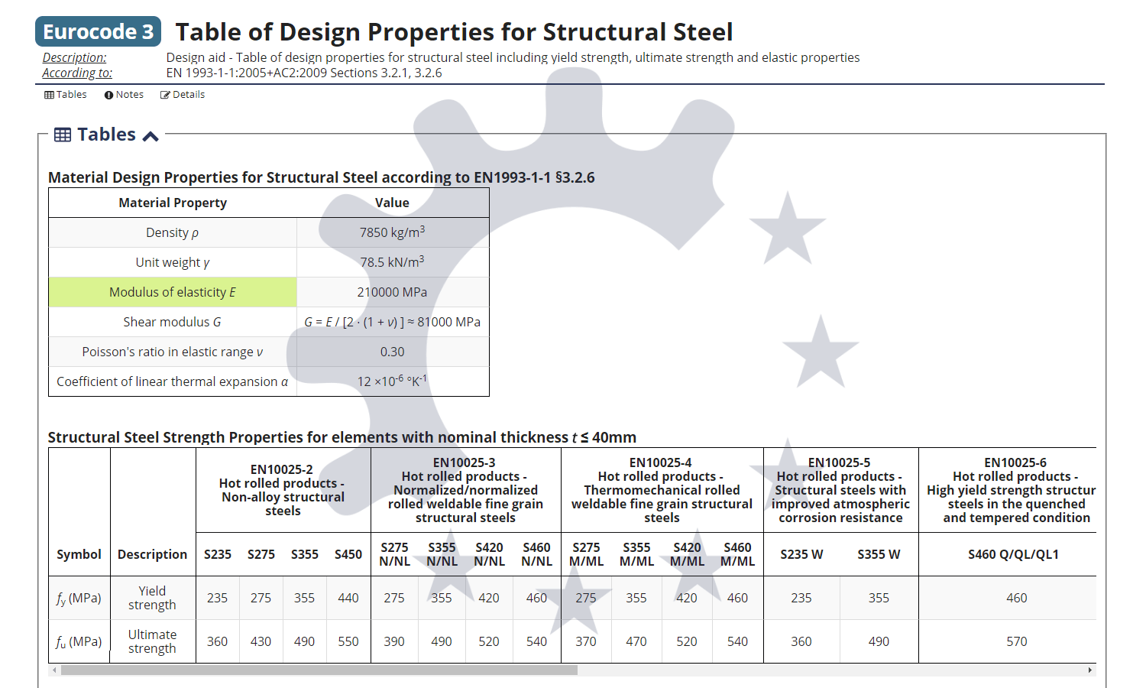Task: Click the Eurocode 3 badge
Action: [98, 31]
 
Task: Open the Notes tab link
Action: [124, 95]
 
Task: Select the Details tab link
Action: [183, 95]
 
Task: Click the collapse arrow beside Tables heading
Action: [151, 136]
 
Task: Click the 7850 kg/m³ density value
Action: [392, 232]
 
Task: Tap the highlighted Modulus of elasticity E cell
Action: [173, 292]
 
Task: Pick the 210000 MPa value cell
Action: [392, 292]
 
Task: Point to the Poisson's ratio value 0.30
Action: [392, 352]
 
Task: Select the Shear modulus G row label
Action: [173, 322]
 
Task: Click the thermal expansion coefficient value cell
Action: [392, 381]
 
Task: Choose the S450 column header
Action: [348, 554]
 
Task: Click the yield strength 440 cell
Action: [348, 598]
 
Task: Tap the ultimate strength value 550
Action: [348, 641]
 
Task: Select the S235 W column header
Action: [801, 554]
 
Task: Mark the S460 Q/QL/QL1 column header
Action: [1013, 554]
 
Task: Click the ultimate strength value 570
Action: [1016, 641]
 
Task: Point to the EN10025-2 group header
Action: [283, 489]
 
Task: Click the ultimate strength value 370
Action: [586, 641]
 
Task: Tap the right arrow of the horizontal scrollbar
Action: [1090, 670]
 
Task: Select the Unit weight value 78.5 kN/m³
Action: [392, 262]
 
